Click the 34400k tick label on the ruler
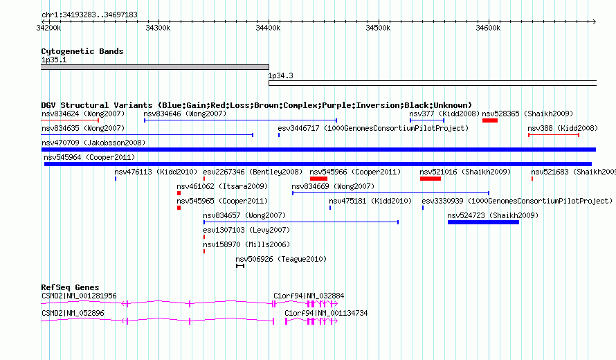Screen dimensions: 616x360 (x=268, y=28)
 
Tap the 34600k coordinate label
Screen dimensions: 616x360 (x=488, y=28)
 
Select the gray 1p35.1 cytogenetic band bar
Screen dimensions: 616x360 (x=155, y=67)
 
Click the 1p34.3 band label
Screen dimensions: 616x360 (x=280, y=75)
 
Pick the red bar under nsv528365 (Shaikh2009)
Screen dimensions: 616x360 (x=490, y=120)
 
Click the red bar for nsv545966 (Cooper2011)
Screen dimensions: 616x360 (x=318, y=179)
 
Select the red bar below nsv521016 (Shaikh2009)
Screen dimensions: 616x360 (x=431, y=179)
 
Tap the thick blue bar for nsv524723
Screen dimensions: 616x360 (x=483, y=222)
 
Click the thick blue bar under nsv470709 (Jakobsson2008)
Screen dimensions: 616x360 (x=318, y=150)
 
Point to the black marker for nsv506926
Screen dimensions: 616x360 (x=240, y=266)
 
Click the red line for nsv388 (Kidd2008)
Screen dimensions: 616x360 (x=554, y=135)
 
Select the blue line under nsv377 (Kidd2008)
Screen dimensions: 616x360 (x=427, y=120)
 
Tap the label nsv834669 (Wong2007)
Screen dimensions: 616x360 (x=333, y=186)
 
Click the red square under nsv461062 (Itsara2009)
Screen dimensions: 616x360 (x=179, y=193)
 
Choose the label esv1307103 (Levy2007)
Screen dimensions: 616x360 (x=246, y=230)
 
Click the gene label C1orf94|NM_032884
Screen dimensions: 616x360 (x=309, y=296)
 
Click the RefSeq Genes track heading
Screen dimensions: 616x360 (x=70, y=287)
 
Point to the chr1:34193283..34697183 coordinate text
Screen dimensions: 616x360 (x=89, y=15)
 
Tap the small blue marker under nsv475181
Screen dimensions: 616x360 (x=330, y=208)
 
